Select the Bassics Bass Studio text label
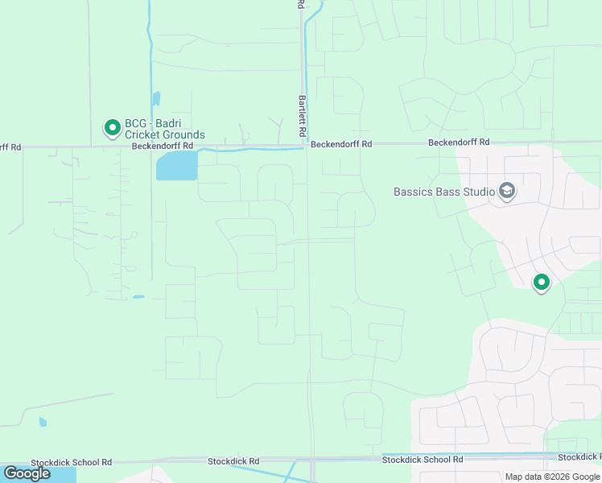(443, 192)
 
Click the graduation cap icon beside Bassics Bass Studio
(506, 191)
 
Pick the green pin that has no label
(542, 282)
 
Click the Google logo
(27, 473)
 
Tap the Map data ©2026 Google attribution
(553, 477)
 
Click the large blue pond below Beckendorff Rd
(177, 167)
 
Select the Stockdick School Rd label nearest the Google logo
(71, 463)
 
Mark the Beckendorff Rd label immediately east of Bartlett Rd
(342, 144)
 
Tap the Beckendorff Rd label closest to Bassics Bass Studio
(459, 142)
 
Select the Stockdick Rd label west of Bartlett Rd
(233, 461)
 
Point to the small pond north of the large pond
(156, 98)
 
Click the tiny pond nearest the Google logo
(43, 421)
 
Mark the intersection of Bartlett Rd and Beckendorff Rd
(305, 146)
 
